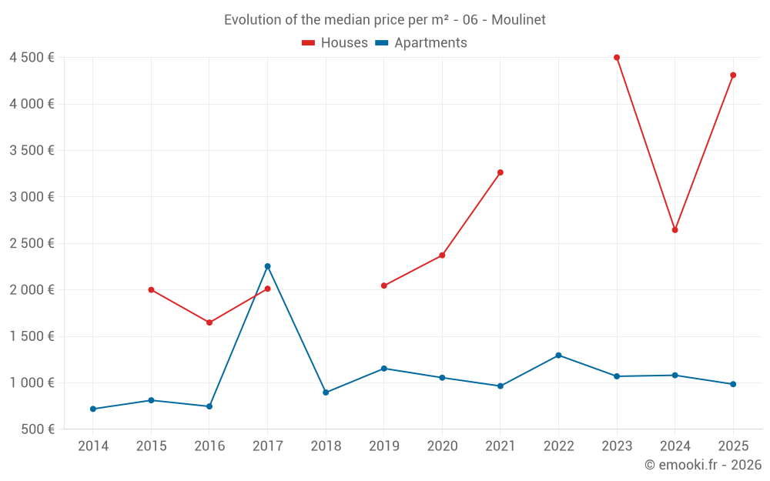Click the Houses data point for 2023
(617, 58)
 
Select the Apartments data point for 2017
(267, 266)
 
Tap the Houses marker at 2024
(675, 230)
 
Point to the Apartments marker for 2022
(558, 356)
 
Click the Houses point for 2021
(500, 172)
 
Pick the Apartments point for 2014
(93, 409)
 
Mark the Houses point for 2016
(209, 322)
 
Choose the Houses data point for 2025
(733, 75)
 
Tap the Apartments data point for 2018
(326, 392)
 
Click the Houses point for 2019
(384, 286)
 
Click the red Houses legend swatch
(309, 43)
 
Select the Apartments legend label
(430, 43)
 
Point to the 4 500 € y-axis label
(32, 58)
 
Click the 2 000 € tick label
(32, 290)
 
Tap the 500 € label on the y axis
(37, 429)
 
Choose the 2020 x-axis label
(442, 446)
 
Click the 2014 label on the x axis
(93, 446)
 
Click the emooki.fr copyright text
(703, 465)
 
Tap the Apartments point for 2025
(733, 384)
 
